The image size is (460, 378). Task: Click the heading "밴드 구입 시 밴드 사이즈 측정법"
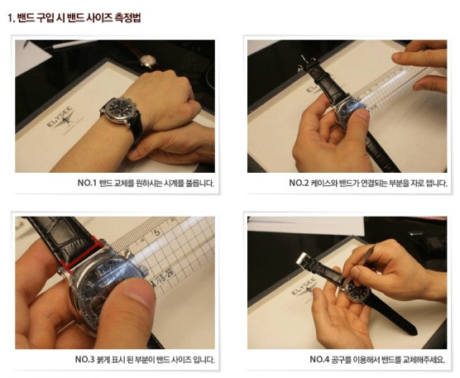click(79, 17)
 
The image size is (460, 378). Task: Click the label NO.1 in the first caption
click(87, 183)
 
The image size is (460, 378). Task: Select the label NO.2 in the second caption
click(299, 183)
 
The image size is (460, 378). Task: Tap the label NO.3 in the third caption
click(85, 359)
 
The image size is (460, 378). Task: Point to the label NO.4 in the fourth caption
click(319, 359)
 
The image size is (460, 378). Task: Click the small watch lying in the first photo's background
click(147, 61)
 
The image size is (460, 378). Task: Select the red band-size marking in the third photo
click(82, 253)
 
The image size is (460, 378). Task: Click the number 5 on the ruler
click(157, 232)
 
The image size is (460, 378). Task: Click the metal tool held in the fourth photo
click(360, 264)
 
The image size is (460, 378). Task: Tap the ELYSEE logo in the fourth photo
click(305, 288)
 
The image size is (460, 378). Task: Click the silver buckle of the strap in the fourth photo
click(302, 259)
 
